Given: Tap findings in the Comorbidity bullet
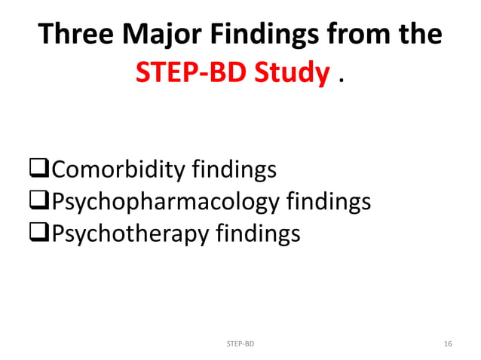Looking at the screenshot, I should click(234, 170).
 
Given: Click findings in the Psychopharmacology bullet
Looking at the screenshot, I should click(329, 202).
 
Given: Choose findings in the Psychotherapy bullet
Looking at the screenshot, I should click(258, 233).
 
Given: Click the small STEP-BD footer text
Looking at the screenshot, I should click(240, 343).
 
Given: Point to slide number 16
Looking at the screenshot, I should click(448, 343).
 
